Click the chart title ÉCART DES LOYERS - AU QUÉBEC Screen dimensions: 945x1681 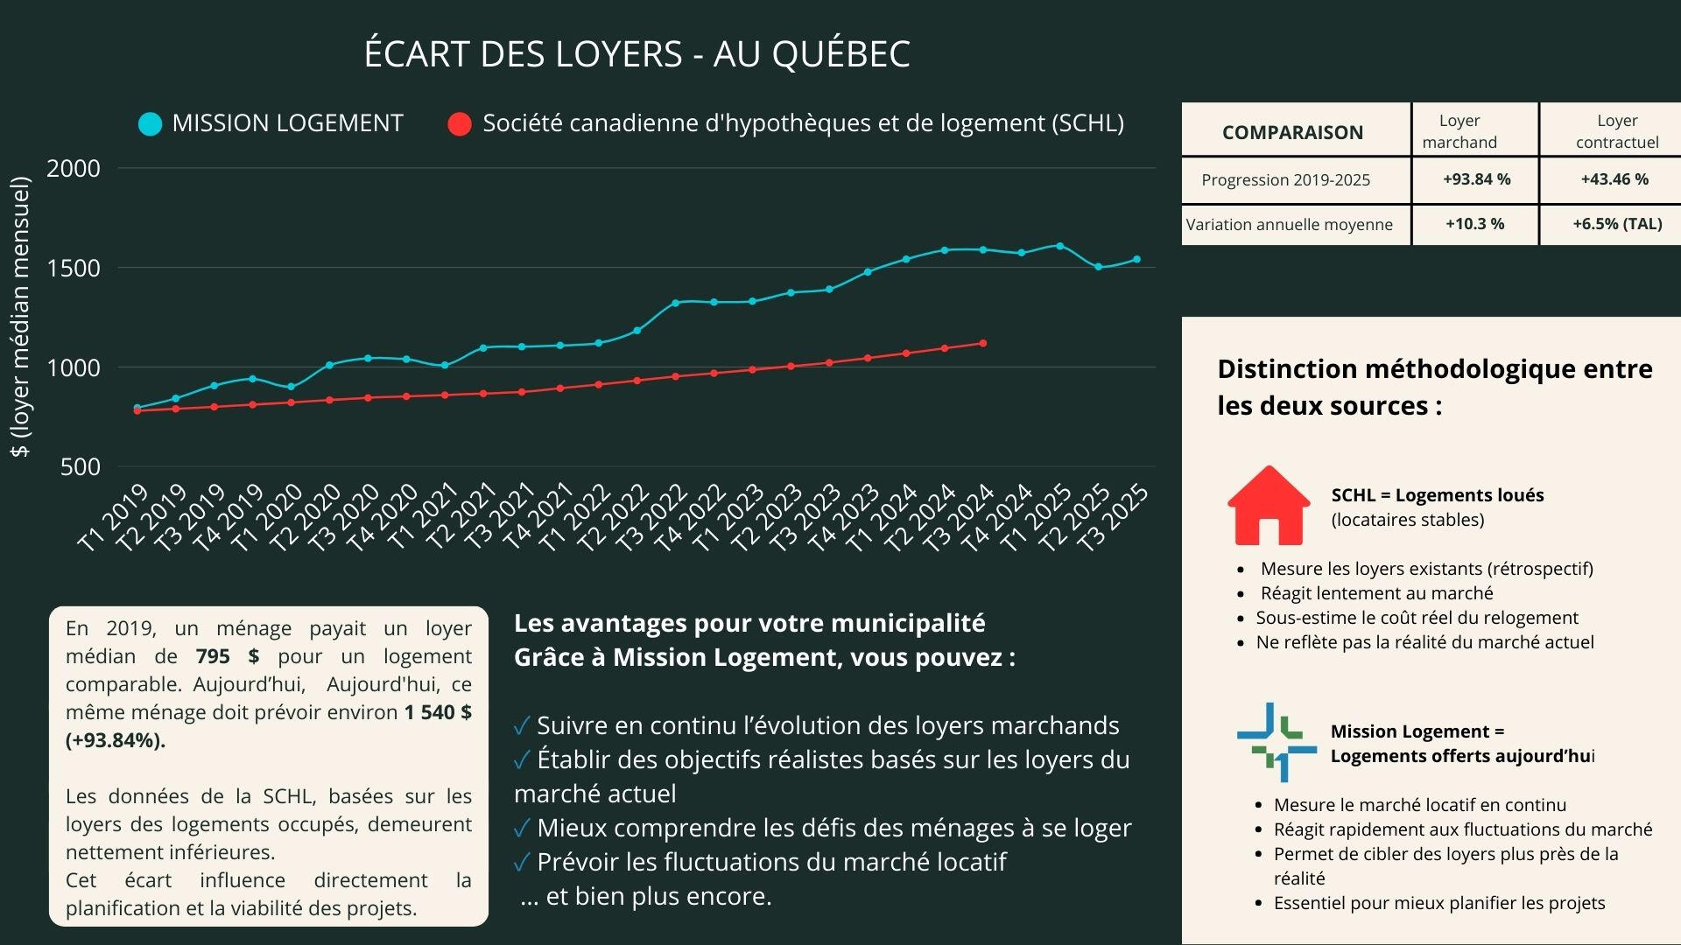[x=637, y=54]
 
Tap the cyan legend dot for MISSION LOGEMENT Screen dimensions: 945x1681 [x=151, y=124]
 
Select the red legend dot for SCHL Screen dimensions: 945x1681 [x=460, y=124]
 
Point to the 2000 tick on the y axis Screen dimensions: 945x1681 [x=74, y=168]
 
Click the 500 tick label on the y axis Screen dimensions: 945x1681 [x=81, y=467]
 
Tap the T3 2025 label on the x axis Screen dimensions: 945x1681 [x=1113, y=518]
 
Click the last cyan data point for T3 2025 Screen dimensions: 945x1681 [x=1137, y=259]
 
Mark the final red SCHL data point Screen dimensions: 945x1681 [x=982, y=343]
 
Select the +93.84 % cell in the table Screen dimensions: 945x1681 [x=1476, y=179]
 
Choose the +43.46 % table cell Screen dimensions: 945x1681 [x=1614, y=179]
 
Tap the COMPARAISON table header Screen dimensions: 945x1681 [x=1292, y=132]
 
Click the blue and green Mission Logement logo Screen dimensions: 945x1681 [x=1277, y=742]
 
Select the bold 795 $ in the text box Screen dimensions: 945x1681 [x=227, y=656]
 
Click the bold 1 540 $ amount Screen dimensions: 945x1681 [x=438, y=712]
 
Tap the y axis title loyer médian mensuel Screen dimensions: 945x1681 [x=20, y=317]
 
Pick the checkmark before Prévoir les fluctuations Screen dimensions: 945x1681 [x=522, y=863]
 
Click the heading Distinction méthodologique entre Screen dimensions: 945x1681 [x=1434, y=369]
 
